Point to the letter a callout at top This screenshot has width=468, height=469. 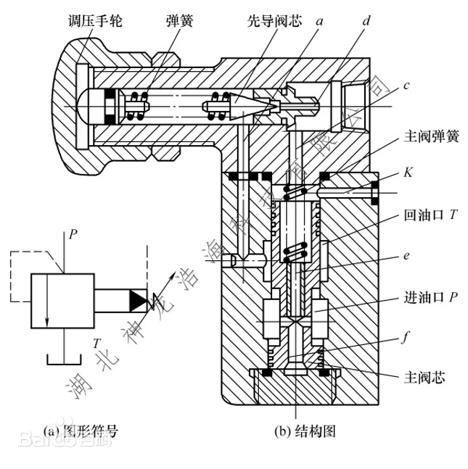click(319, 22)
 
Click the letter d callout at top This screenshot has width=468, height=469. click(366, 22)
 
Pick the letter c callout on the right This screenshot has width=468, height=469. click(407, 86)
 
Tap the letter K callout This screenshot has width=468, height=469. click(409, 175)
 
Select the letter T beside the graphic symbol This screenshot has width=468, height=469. click(97, 342)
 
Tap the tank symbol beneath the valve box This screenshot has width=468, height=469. click(62, 359)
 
